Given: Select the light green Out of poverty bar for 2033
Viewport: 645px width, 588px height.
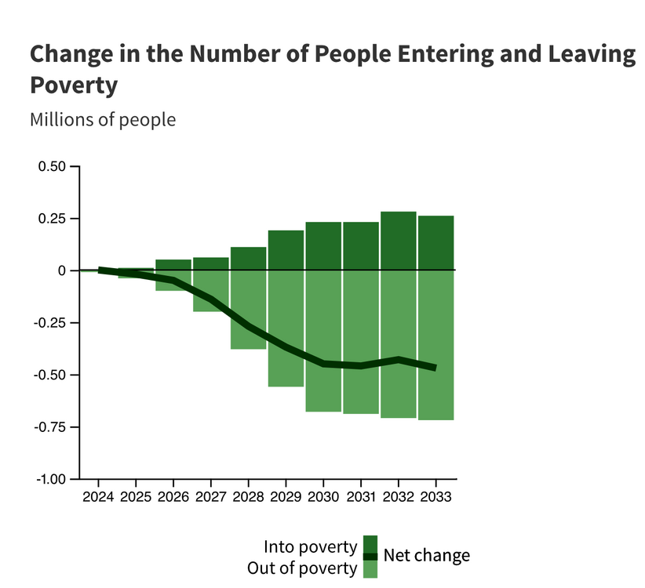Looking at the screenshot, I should click(435, 345).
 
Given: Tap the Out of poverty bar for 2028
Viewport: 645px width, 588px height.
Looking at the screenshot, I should click(248, 310).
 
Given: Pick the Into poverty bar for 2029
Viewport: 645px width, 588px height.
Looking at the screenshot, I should click(286, 250).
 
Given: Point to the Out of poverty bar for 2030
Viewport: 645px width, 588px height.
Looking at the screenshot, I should click(323, 341).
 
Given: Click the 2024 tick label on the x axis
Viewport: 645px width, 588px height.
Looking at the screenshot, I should click(98, 497).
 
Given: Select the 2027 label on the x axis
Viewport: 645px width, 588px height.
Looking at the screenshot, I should click(210, 497).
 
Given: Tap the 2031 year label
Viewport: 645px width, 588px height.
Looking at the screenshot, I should click(360, 497).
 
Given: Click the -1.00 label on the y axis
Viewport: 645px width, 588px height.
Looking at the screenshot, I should click(51, 479).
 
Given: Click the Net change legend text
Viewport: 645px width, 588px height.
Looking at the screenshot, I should click(427, 555).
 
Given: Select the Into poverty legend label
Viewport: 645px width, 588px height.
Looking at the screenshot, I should click(310, 546).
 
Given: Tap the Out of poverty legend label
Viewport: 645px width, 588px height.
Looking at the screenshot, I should click(302, 568).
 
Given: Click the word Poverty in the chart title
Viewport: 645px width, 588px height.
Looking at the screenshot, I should click(74, 84).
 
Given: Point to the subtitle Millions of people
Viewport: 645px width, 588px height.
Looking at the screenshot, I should click(103, 120).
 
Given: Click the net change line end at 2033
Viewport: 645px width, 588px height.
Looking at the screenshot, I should click(435, 368).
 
